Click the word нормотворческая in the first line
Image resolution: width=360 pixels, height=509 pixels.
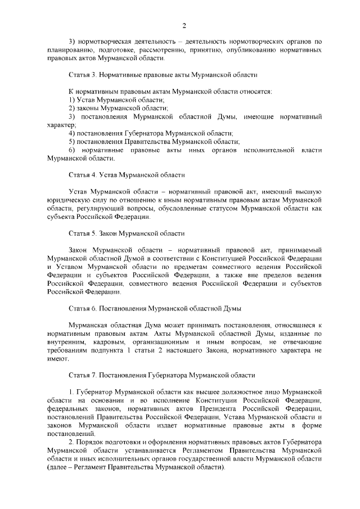pos(107,41)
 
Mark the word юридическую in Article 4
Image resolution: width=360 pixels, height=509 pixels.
pos(69,200)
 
